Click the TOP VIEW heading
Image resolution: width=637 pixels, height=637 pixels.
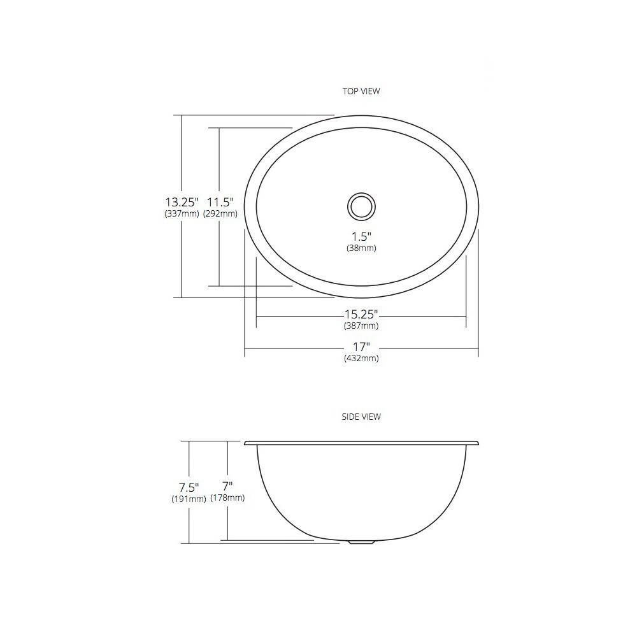point(361,91)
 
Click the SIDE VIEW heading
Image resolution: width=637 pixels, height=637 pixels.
point(361,417)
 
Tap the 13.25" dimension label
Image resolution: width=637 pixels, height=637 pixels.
point(182,201)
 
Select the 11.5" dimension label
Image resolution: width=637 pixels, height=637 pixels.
point(220,201)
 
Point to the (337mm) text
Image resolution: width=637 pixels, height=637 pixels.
point(182,213)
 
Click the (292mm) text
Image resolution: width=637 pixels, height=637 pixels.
point(220,213)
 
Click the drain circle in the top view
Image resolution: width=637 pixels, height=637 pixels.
point(361,193)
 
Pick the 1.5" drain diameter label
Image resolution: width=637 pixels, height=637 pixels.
point(361,236)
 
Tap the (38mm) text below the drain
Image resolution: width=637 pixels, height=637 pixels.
point(361,248)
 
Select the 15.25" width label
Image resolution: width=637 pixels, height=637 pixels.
point(361,314)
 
